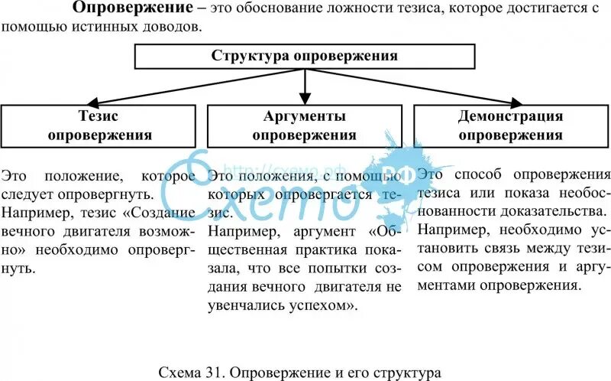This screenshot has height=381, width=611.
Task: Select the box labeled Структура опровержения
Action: (305, 56)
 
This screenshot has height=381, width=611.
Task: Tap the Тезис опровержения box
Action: (99, 125)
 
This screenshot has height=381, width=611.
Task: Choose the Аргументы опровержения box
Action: (305, 125)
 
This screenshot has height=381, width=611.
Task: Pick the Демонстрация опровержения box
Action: (510, 125)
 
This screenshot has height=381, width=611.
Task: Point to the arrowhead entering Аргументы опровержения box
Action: (305, 99)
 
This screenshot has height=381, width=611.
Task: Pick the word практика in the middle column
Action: (316, 249)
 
